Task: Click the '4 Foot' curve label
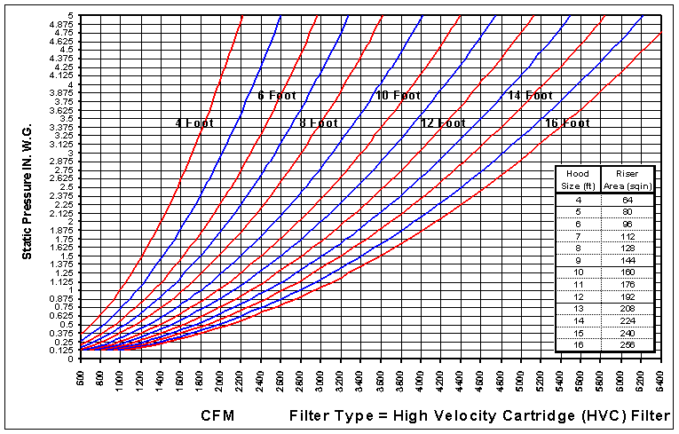194,123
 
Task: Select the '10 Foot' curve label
398,95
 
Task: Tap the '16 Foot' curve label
567,123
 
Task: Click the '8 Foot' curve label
318,123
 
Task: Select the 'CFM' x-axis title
218,414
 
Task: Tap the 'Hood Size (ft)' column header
579,179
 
